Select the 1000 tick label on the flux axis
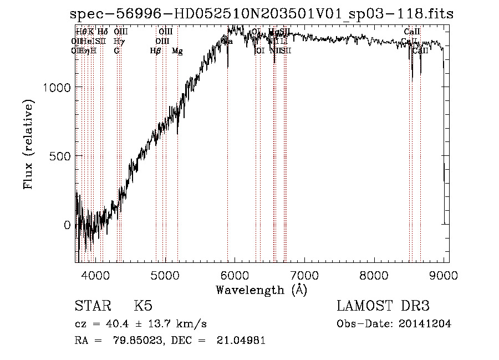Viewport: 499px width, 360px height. (56, 87)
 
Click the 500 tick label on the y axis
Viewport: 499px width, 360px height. (60, 156)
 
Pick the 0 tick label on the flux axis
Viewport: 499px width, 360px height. (68, 225)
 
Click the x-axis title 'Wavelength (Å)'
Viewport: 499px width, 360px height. (261, 290)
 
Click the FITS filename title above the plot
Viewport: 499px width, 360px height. (262, 14)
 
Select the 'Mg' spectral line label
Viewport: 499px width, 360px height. (177, 50)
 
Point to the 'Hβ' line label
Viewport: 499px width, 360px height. (155, 50)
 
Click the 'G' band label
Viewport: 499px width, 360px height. (116, 50)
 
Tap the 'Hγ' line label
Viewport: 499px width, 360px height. (118, 41)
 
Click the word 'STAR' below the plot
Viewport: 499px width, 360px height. (92, 306)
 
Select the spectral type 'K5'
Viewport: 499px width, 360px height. (143, 306)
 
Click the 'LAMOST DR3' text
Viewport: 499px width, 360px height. (383, 306)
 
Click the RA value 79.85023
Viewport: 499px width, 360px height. (126, 341)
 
